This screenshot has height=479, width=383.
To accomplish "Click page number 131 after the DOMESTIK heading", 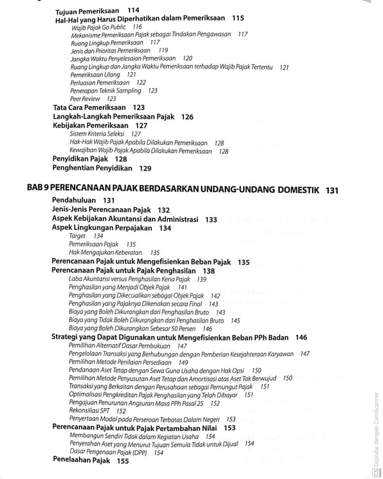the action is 331,190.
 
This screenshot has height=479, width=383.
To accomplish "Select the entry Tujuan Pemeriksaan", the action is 91,11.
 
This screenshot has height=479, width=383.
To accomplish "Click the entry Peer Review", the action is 85,99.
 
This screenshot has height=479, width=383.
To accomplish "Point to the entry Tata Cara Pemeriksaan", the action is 89,108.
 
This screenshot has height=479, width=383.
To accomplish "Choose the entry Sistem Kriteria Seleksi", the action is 97,134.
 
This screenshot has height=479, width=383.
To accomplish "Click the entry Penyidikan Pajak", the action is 80,159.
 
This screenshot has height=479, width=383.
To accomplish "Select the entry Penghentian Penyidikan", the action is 93,169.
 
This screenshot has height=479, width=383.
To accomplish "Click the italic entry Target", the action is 77,236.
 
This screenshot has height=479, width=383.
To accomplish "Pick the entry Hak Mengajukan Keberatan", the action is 105,253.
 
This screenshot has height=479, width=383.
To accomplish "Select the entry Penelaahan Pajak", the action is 81,460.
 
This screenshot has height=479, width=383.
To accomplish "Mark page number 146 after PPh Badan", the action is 301,337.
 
